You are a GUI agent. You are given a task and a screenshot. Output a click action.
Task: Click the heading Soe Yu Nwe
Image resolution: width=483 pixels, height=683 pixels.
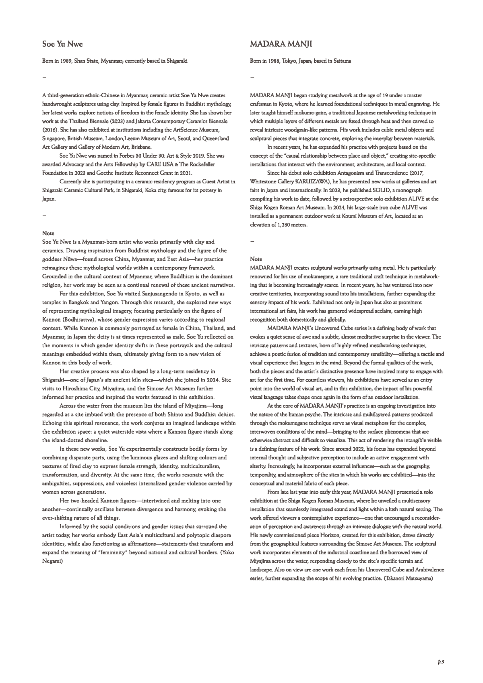pyautogui.click(x=62, y=44)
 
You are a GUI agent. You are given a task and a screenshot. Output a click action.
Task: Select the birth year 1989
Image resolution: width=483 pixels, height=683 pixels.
pyautogui.click(x=67, y=61)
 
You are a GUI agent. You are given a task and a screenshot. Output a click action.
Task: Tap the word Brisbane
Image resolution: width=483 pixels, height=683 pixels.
pyautogui.click(x=140, y=147)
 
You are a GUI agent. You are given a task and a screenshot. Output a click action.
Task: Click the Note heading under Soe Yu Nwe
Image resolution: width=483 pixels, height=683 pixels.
pyautogui.click(x=48, y=233)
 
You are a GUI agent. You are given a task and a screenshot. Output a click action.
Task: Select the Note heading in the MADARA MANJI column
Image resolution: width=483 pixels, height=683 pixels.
pyautogui.click(x=256, y=259)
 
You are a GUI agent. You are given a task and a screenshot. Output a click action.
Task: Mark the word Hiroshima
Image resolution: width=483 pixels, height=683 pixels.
pyautogui.click(x=70, y=389)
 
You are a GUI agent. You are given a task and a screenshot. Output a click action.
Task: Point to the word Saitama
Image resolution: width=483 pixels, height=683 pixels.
pyautogui.click(x=341, y=61)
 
